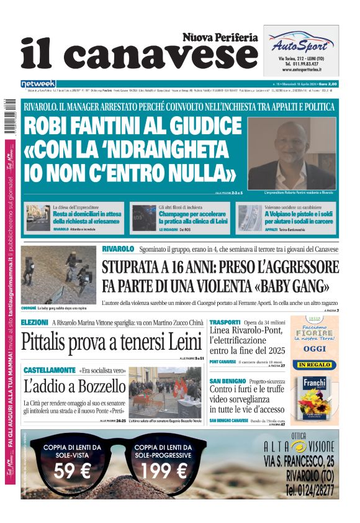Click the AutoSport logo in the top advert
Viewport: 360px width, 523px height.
[x=301, y=44]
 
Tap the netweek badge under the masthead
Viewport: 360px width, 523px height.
[x=38, y=83]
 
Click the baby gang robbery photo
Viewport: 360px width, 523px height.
[x=58, y=274]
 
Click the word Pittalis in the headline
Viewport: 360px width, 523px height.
[x=52, y=343]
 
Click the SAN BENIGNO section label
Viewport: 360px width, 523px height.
[x=227, y=380]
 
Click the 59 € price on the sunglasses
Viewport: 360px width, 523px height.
[x=72, y=472]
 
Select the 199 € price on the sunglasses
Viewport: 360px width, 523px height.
[x=164, y=472]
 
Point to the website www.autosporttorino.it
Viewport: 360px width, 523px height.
[x=301, y=70]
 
